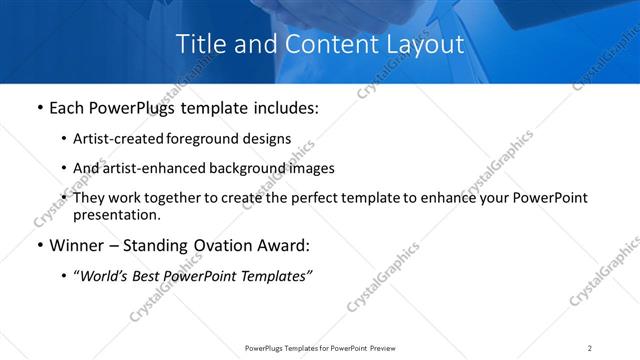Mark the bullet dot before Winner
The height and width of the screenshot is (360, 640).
pyautogui.click(x=39, y=246)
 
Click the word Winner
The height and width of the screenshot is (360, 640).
pyautogui.click(x=78, y=246)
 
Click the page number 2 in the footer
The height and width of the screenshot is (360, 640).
pyautogui.click(x=589, y=348)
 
